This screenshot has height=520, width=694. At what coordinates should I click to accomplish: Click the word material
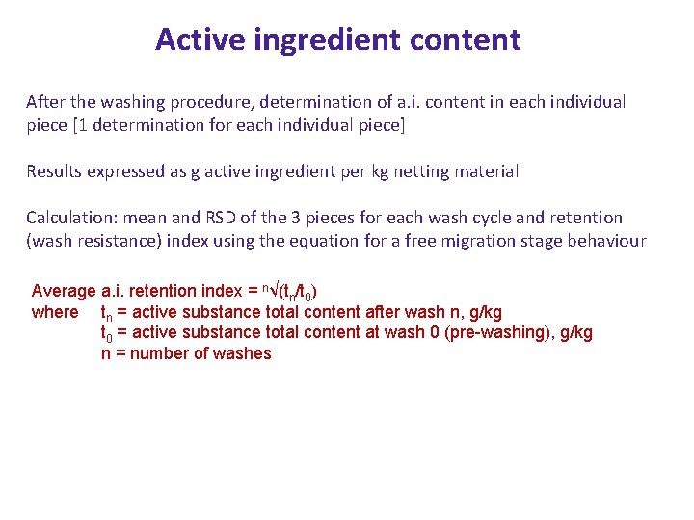(486, 171)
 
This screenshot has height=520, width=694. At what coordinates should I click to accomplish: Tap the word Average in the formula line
(64, 290)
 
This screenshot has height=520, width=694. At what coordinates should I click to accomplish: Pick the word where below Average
(55, 311)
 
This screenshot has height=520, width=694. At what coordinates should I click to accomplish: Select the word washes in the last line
(246, 353)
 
